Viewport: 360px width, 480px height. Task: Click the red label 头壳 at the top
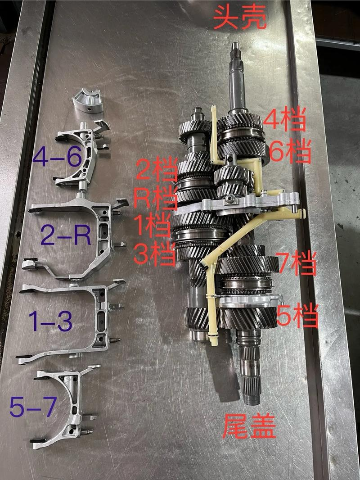(x=240, y=18)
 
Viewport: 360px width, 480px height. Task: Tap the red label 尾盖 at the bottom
(x=249, y=426)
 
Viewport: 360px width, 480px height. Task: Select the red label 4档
(x=284, y=120)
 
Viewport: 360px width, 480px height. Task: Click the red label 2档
(x=156, y=168)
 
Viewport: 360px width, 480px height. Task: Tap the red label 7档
(x=296, y=263)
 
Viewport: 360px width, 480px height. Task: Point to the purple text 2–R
(x=66, y=235)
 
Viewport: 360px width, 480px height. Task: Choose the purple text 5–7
(x=33, y=406)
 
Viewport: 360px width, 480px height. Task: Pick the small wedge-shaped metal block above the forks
(x=87, y=100)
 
